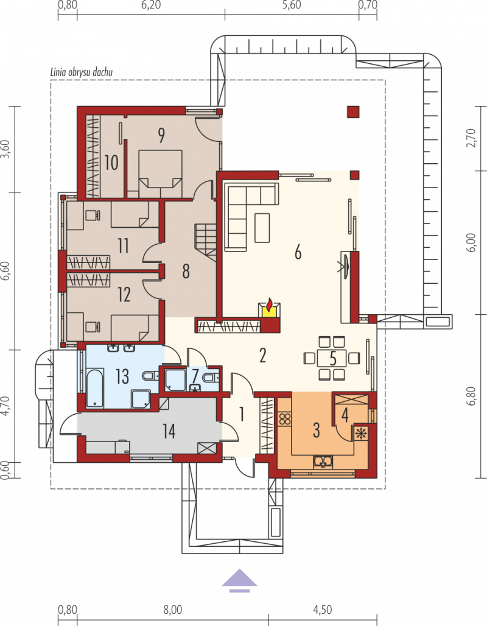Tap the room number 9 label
click(x=161, y=135)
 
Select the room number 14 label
click(x=169, y=431)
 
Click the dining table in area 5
click(x=332, y=358)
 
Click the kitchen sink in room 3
click(x=324, y=462)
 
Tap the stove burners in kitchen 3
click(x=285, y=419)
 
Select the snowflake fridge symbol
click(x=361, y=433)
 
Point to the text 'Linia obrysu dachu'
click(x=82, y=72)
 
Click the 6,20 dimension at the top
click(x=151, y=5)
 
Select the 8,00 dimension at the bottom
click(x=172, y=610)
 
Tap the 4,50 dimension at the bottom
click(x=323, y=610)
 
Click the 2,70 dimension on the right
click(x=472, y=138)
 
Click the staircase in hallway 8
click(x=206, y=243)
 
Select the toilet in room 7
click(x=211, y=377)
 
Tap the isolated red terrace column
click(x=353, y=112)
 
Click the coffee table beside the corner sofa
click(x=262, y=228)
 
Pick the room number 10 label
click(x=111, y=163)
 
